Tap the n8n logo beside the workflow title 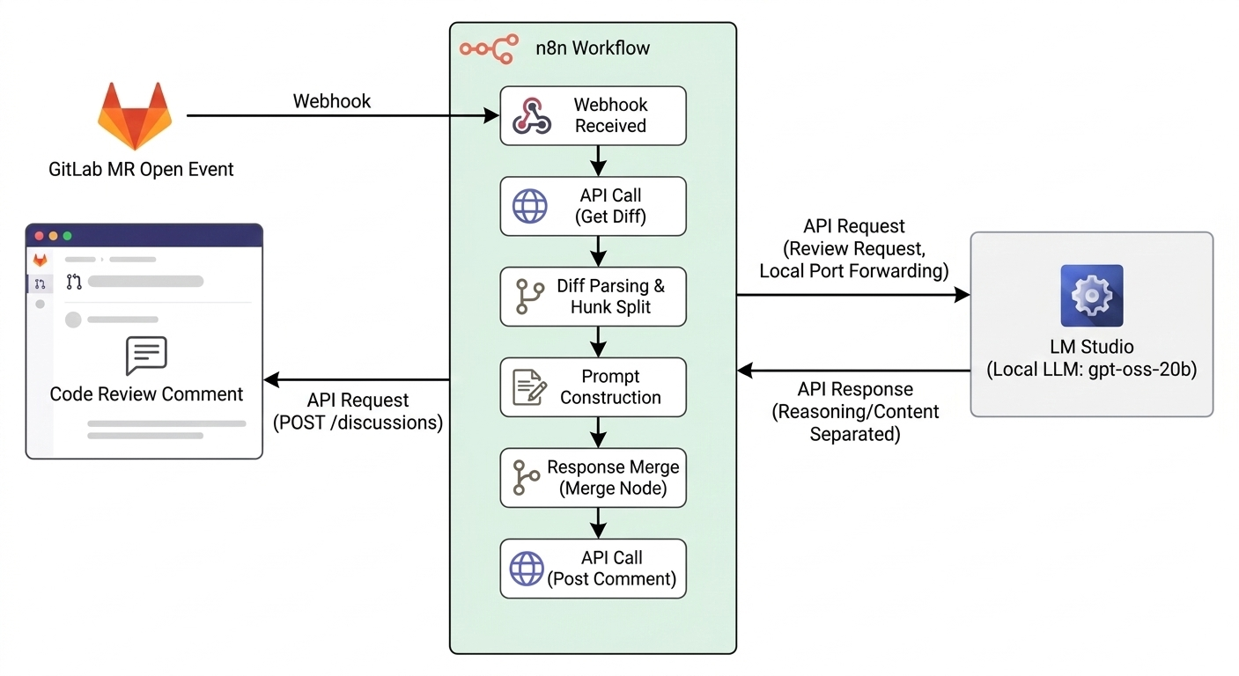click(x=487, y=48)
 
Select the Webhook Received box click(x=593, y=115)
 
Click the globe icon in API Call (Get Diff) click(x=529, y=206)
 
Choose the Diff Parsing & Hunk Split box click(x=593, y=297)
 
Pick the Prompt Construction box click(x=593, y=386)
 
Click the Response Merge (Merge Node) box click(x=593, y=477)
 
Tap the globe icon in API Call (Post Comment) click(x=527, y=569)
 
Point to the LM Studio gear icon click(x=1091, y=296)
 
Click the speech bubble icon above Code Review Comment click(x=146, y=356)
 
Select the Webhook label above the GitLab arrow click(x=332, y=101)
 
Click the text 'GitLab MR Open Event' click(x=141, y=169)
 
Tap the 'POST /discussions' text click(x=358, y=422)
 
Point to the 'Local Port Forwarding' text click(x=853, y=271)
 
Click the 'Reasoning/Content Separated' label click(x=855, y=423)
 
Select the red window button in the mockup click(x=39, y=236)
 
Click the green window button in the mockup click(x=67, y=236)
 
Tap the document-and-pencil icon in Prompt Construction click(x=528, y=387)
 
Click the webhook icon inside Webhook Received click(x=532, y=115)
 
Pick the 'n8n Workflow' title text click(x=593, y=48)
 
